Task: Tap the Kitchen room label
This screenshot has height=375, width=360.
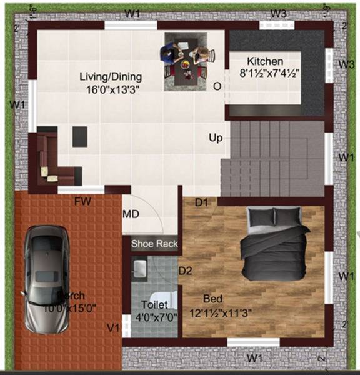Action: (x=265, y=62)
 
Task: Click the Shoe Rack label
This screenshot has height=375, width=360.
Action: (x=154, y=244)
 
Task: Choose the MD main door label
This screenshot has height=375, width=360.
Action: (x=131, y=214)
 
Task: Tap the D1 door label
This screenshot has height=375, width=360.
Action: (x=201, y=202)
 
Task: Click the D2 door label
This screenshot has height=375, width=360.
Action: (x=185, y=271)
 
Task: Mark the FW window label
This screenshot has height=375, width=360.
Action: (x=82, y=202)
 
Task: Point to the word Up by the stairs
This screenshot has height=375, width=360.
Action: (x=216, y=137)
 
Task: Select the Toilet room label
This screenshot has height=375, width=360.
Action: (x=154, y=304)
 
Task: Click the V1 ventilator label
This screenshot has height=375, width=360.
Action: (x=113, y=327)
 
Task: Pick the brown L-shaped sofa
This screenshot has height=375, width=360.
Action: (x=52, y=160)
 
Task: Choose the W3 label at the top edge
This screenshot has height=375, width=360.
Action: (x=279, y=14)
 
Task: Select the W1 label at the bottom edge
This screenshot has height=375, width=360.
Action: (x=253, y=357)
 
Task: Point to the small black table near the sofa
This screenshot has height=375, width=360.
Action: (x=79, y=136)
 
